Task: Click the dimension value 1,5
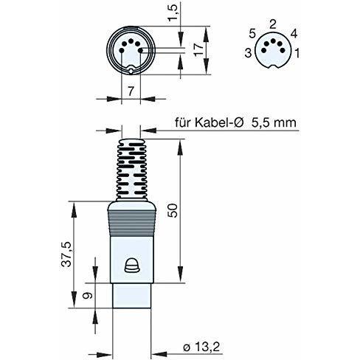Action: pyautogui.click(x=173, y=13)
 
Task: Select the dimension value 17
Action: pyautogui.click(x=199, y=49)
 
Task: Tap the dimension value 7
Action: pyautogui.click(x=131, y=91)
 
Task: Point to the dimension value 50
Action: pyautogui.click(x=173, y=210)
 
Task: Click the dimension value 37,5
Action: pyautogui.click(x=66, y=255)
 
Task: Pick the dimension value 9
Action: pyautogui.click(x=87, y=295)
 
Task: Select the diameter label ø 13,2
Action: pyautogui.click(x=201, y=347)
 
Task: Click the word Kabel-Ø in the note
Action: pyautogui.click(x=219, y=122)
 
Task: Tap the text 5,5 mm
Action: pyautogui.click(x=274, y=122)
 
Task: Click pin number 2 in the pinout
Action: pyautogui.click(x=273, y=24)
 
